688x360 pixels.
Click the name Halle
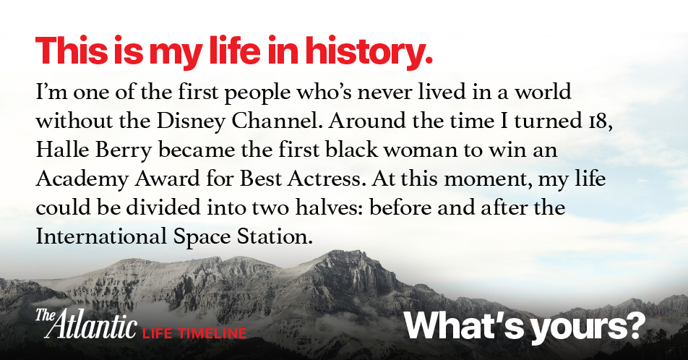(x=62, y=149)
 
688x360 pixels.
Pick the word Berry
(x=124, y=150)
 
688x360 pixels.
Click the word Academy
(x=82, y=179)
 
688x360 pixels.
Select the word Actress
(x=327, y=179)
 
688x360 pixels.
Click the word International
(x=101, y=236)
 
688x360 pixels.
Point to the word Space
(x=202, y=238)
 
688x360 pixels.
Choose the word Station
(x=275, y=236)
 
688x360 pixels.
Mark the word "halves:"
(x=329, y=207)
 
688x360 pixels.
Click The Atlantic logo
(x=86, y=324)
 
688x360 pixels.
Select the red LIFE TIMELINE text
(x=194, y=333)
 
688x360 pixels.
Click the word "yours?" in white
(x=588, y=327)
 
